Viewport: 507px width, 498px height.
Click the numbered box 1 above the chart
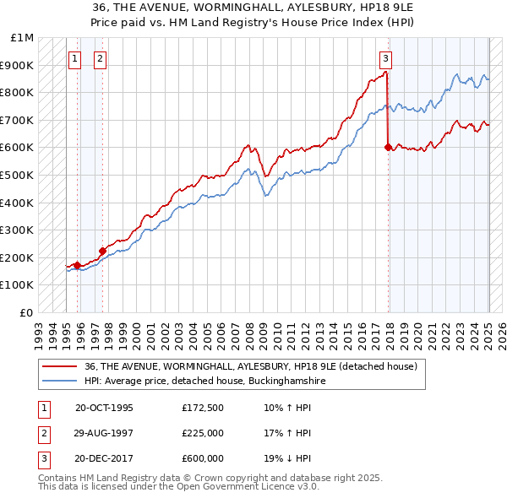pos(75,58)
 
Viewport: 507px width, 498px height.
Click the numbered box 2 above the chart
pos(100,58)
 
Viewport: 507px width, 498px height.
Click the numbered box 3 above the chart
pos(385,58)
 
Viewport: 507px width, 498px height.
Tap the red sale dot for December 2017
pos(388,147)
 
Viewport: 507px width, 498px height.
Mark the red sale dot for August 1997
pos(102,250)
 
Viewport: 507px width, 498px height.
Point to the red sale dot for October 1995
pos(77,265)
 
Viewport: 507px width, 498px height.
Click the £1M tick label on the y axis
pos(23,38)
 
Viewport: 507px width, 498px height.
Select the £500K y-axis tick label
pos(18,175)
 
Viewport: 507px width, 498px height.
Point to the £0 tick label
pos(26,312)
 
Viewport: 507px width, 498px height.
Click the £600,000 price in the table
pos(203,458)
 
